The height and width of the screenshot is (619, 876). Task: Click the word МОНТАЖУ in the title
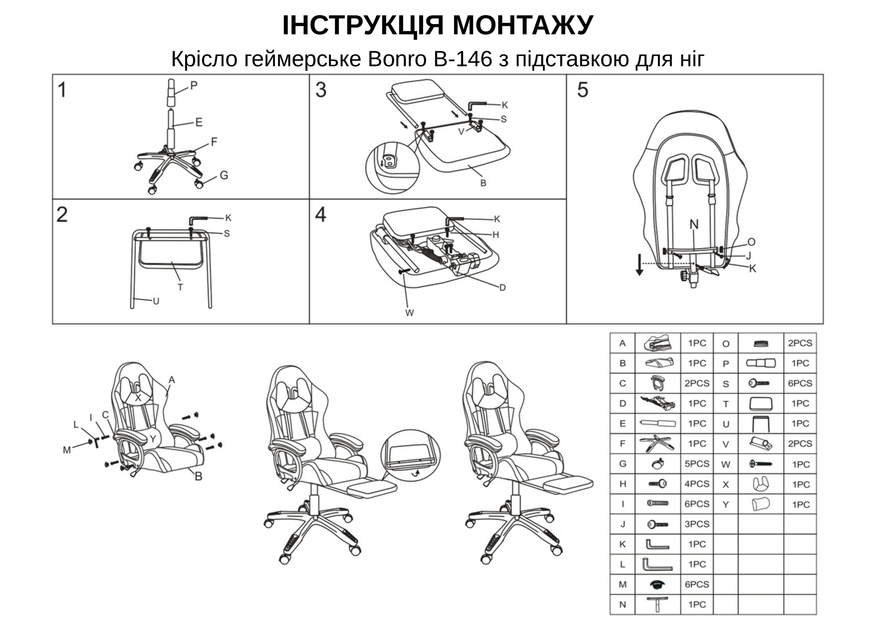[x=523, y=25]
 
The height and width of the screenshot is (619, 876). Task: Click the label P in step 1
[x=194, y=85]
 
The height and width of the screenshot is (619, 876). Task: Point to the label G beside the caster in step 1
[x=224, y=175]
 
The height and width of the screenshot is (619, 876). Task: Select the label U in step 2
[x=156, y=301]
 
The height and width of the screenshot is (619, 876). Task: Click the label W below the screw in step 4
[x=409, y=313]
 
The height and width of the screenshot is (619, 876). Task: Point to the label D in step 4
[x=503, y=288]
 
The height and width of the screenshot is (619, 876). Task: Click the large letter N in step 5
[x=694, y=224]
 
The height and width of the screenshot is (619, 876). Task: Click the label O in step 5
[x=751, y=242]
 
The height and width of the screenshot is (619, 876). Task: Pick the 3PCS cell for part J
[x=697, y=524]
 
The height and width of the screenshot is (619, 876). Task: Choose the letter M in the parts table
[x=622, y=584]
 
